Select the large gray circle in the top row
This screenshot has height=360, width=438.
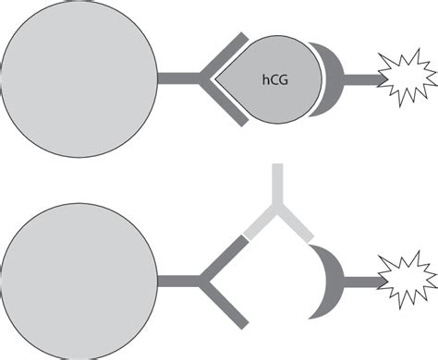pyautogui.click(x=80, y=78)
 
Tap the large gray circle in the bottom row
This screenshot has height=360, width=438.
pyautogui.click(x=80, y=281)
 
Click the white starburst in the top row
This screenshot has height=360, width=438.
pyautogui.click(x=408, y=79)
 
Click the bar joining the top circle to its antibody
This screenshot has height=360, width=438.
pyautogui.click(x=180, y=78)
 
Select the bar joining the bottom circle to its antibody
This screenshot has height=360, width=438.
pyautogui.click(x=180, y=281)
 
